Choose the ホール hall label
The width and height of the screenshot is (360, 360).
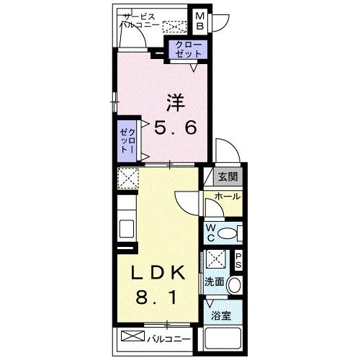228,197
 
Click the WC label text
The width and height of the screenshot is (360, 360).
212,233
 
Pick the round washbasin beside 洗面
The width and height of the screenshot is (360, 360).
234,286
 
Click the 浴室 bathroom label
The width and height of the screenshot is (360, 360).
220,315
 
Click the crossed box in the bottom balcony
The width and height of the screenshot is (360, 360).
132,336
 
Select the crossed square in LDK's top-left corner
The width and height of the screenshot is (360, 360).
127,178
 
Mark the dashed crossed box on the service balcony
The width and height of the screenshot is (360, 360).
174,27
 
